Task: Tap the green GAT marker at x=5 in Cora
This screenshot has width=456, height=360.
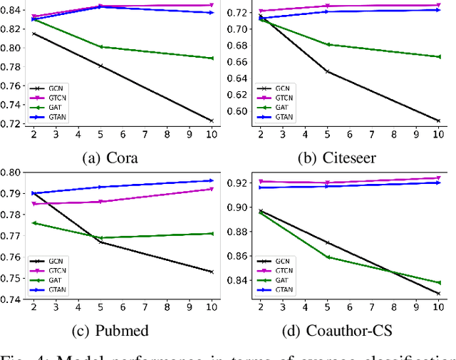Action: [100, 47]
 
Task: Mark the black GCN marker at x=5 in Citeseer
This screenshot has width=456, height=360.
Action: [327, 71]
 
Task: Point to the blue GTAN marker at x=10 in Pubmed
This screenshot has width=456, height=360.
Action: [211, 180]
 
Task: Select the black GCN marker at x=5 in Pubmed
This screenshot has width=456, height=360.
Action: [100, 242]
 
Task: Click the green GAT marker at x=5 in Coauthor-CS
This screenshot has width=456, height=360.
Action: [327, 257]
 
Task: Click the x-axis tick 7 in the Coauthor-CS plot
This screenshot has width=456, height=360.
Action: [371, 307]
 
